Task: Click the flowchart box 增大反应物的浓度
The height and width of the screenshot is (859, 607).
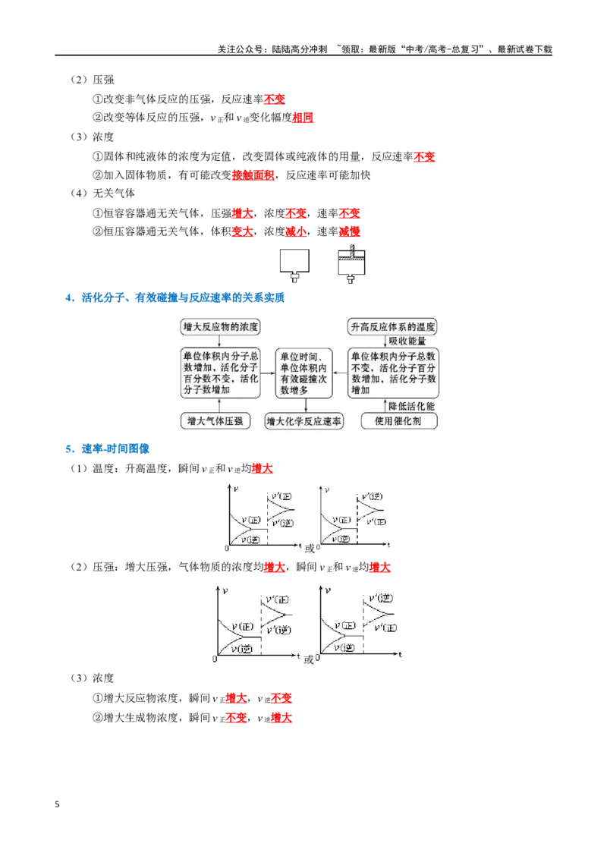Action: (x=220, y=327)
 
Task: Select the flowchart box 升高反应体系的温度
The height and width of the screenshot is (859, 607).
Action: (x=392, y=327)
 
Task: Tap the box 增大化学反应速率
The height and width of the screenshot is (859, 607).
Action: (x=303, y=421)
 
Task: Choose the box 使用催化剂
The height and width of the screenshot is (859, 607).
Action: (x=399, y=421)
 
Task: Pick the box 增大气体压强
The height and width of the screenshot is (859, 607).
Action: (x=215, y=421)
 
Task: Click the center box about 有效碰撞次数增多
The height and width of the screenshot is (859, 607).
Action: (x=304, y=373)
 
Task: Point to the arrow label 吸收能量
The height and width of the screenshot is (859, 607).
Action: (x=407, y=341)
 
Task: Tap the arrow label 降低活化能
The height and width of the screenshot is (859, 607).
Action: (x=411, y=406)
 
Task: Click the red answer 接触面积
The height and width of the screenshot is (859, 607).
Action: (x=253, y=175)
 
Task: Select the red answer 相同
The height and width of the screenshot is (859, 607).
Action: (x=303, y=117)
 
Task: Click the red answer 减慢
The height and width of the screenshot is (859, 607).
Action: (x=350, y=231)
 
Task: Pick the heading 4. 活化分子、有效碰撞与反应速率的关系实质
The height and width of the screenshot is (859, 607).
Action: (x=175, y=298)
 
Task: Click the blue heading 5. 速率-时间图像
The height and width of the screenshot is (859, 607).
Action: (x=108, y=448)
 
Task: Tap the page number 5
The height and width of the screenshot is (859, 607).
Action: (x=57, y=804)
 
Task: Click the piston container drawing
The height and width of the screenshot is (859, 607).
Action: (x=351, y=264)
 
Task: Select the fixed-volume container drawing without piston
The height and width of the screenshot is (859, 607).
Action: (x=294, y=265)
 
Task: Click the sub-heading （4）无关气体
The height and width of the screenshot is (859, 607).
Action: (x=102, y=194)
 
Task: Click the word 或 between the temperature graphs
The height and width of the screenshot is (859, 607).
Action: (x=310, y=549)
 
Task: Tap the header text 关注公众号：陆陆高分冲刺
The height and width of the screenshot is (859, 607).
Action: (x=272, y=49)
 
